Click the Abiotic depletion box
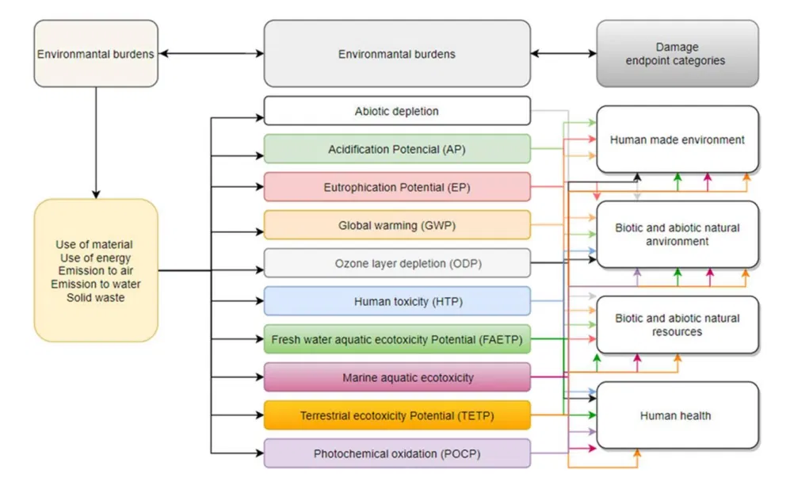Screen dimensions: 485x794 (x=397, y=111)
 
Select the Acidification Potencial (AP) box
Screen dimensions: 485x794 (x=397, y=149)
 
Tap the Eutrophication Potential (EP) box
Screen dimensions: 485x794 (x=397, y=187)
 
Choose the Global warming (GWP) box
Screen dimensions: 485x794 (x=397, y=225)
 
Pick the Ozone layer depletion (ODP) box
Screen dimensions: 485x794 (x=397, y=263)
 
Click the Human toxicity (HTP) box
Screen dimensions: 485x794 (x=397, y=301)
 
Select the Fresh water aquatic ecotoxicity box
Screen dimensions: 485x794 (x=397, y=339)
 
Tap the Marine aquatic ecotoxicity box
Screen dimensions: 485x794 (x=397, y=377)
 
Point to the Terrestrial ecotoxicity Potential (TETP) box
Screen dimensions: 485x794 (x=397, y=415)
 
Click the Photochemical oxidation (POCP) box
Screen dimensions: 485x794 (x=397, y=453)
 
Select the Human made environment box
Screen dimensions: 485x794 (x=677, y=139)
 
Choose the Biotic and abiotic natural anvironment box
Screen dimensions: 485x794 (x=677, y=234)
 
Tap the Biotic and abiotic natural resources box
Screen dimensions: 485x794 (x=677, y=325)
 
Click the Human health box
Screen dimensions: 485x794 (x=677, y=415)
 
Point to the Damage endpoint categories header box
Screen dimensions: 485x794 (x=677, y=54)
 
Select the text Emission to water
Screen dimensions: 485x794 (x=96, y=284)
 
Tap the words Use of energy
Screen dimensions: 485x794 (x=96, y=258)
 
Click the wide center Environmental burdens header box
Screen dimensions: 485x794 (x=397, y=54)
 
